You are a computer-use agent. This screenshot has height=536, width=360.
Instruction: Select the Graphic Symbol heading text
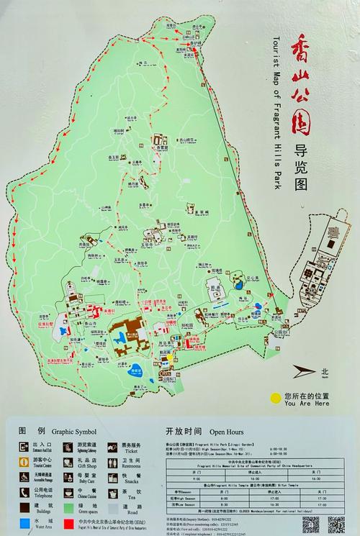73,432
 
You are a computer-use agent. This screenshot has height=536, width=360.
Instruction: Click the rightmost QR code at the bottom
335,524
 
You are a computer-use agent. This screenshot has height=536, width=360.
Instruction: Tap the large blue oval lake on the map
138,373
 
